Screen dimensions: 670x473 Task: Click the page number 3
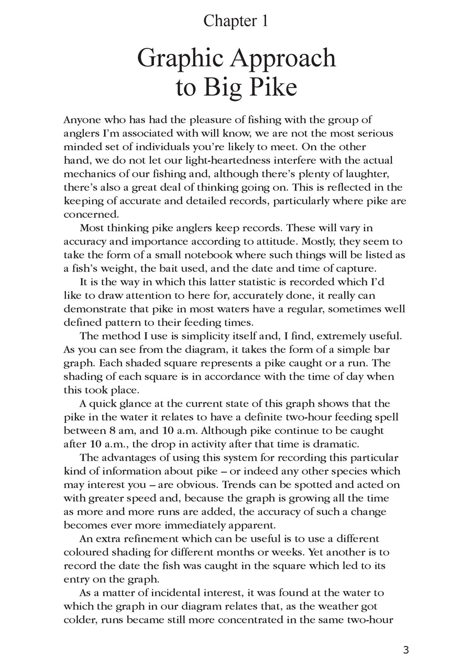tap(406, 651)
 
